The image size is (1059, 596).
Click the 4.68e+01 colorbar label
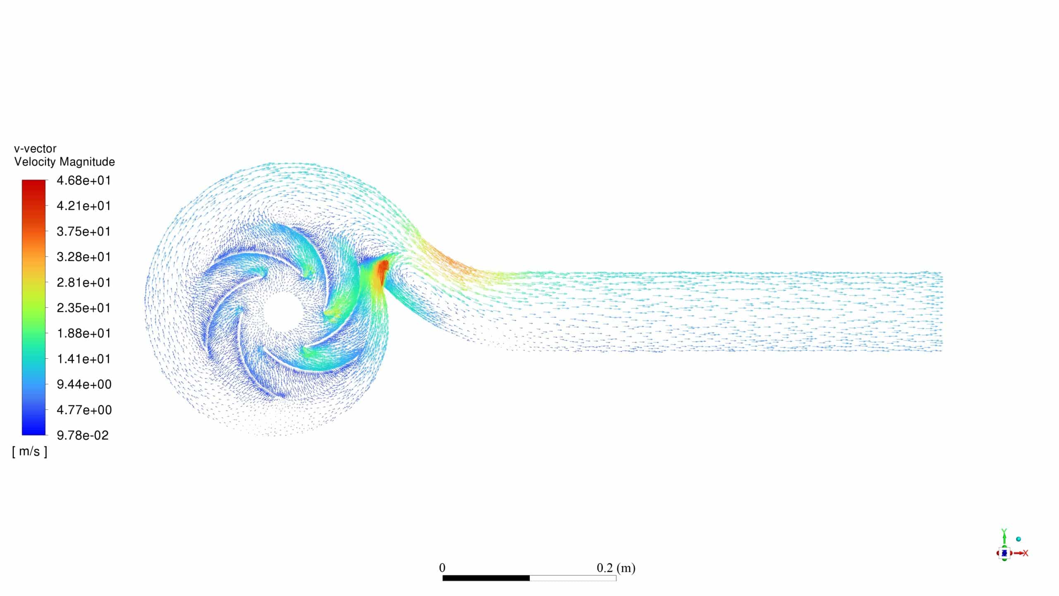[84, 181]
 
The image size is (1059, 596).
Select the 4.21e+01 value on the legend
[84, 206]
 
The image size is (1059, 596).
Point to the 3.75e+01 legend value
[84, 232]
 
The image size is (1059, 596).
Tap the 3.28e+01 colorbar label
[84, 257]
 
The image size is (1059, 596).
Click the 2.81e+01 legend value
[84, 283]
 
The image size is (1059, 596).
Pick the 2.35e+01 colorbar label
[84, 308]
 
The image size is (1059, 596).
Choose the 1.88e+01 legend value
[84, 334]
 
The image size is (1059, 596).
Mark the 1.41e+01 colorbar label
[84, 359]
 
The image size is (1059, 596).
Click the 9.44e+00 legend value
[84, 385]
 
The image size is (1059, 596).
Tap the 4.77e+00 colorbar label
[84, 410]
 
